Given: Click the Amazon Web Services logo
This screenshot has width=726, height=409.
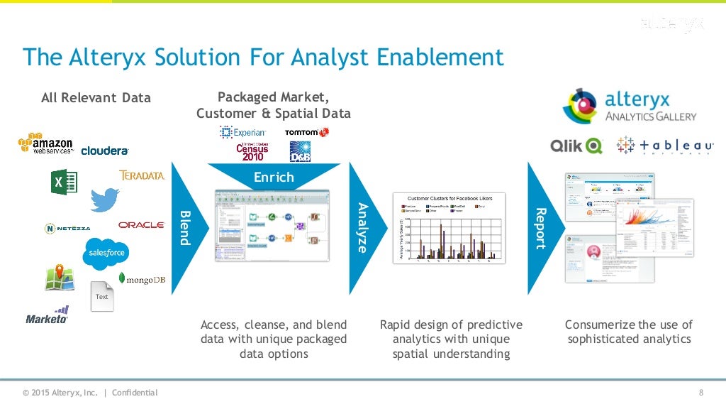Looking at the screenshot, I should tap(45, 144).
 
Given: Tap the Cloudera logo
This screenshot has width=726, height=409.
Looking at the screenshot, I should tap(105, 151).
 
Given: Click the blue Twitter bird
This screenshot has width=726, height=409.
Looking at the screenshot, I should tap(105, 199).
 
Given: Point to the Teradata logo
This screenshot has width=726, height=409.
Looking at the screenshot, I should tap(142, 175).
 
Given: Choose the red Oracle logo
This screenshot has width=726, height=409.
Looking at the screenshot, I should tap(142, 225).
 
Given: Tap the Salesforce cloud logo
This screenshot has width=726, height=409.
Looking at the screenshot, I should tap(106, 253).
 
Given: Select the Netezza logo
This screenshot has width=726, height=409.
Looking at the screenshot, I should tap(67, 229).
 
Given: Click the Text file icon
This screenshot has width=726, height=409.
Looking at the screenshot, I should tap(102, 295).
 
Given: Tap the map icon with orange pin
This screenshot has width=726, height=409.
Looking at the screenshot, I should tap(60, 278).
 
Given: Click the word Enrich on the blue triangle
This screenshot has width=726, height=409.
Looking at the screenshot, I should tap(274, 177).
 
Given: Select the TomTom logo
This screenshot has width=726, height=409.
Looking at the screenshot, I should tap(306, 133).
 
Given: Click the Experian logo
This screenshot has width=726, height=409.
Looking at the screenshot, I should tap(243, 132).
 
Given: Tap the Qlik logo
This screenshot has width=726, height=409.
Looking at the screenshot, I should tap(576, 146).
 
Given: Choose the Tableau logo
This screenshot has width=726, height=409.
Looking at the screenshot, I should tap(665, 146).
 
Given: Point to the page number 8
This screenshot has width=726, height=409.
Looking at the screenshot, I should tap(700, 393).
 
